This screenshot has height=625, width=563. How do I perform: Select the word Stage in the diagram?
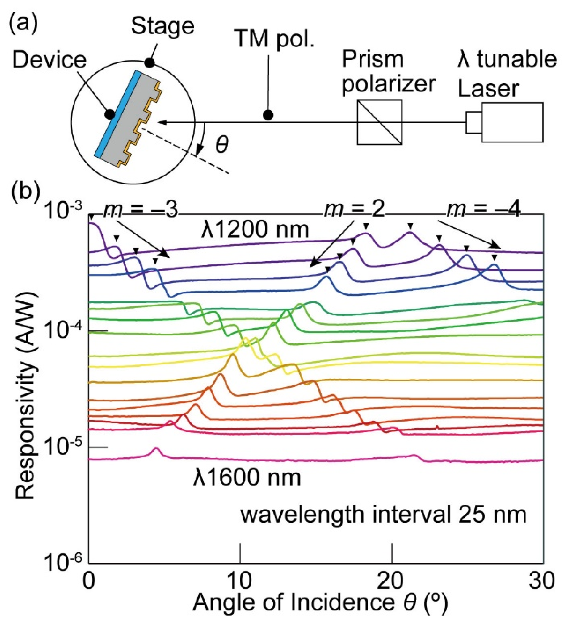162,27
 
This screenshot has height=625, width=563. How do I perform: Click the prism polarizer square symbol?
379,122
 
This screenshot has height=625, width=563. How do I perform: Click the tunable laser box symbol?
512,122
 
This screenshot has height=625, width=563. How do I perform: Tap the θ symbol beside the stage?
221,145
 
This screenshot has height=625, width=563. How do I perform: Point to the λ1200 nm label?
255,230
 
